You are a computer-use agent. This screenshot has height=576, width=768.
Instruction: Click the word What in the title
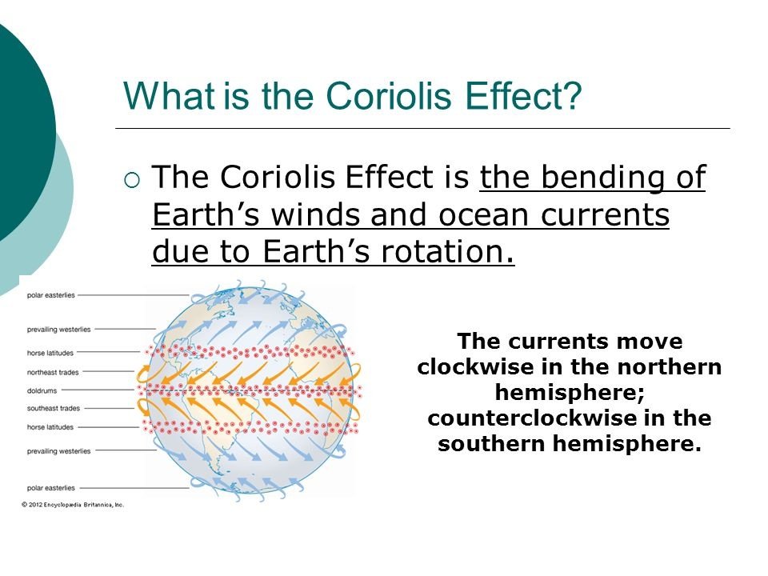coord(169,95)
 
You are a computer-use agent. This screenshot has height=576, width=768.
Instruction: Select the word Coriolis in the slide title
coord(389,95)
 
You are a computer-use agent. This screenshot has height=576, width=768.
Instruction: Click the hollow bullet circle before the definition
coord(132,180)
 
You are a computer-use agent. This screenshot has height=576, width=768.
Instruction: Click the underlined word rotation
coord(447,251)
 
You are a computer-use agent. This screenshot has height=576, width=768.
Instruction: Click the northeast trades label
coord(53,372)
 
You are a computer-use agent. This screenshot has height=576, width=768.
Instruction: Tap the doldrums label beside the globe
coord(42,391)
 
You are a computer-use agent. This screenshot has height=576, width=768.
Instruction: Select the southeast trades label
coord(54,408)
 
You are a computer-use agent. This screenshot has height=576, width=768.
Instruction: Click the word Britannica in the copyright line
coord(98,505)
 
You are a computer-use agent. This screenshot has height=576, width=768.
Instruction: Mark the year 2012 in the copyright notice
coord(35,505)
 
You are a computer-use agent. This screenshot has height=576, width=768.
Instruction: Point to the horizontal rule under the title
coord(422,128)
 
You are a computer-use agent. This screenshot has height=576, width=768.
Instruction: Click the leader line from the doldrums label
coord(98,390)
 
